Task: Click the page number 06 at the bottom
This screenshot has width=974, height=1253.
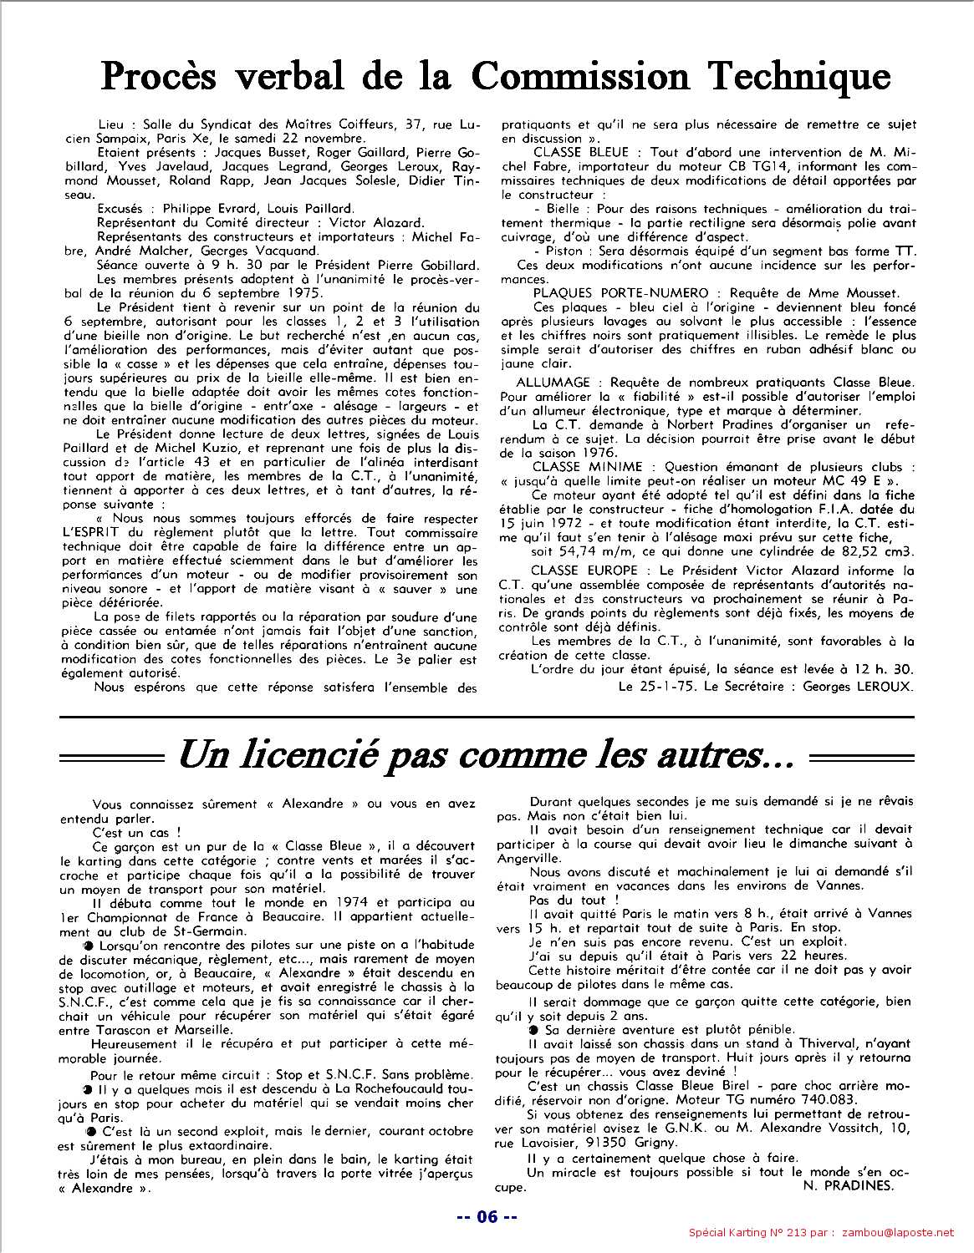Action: [487, 1217]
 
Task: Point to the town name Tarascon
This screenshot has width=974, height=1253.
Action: [94, 1029]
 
